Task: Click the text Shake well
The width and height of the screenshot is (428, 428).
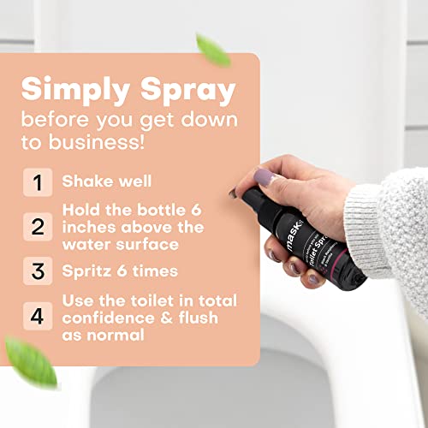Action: [x=105, y=181]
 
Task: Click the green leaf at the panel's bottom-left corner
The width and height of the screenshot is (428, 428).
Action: [x=30, y=360]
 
